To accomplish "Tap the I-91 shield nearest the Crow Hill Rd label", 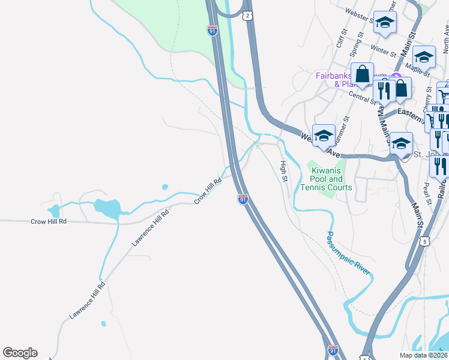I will coord(243,199).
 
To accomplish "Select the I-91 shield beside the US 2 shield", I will coord(212,31).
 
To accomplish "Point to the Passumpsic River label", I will coord(348,253).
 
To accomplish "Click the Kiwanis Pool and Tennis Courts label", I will coord(327,179).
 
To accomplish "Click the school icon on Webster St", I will coord(385,23).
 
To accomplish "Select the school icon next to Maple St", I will coord(424,57).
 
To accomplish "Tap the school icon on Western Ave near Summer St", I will coord(324,136).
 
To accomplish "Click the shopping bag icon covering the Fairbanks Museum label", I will coord(362,74).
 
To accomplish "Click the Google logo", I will coord(20,353).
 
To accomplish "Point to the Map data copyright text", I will coord(424,355).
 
